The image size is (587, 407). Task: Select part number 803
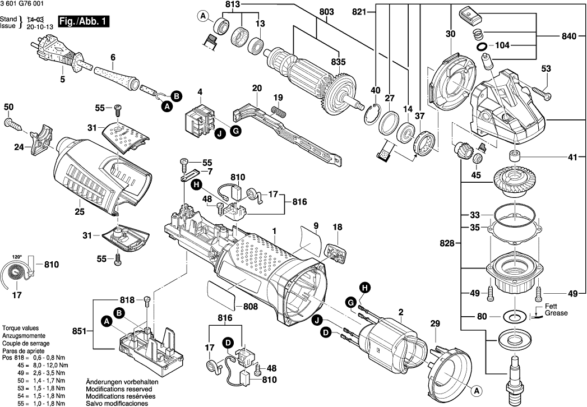[326, 12]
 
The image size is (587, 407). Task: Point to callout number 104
[503, 45]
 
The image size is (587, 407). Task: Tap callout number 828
[446, 243]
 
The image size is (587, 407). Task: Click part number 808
[250, 307]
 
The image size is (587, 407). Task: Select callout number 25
[79, 211]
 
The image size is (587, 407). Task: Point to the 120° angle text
[17, 257]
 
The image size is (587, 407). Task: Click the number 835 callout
[339, 62]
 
